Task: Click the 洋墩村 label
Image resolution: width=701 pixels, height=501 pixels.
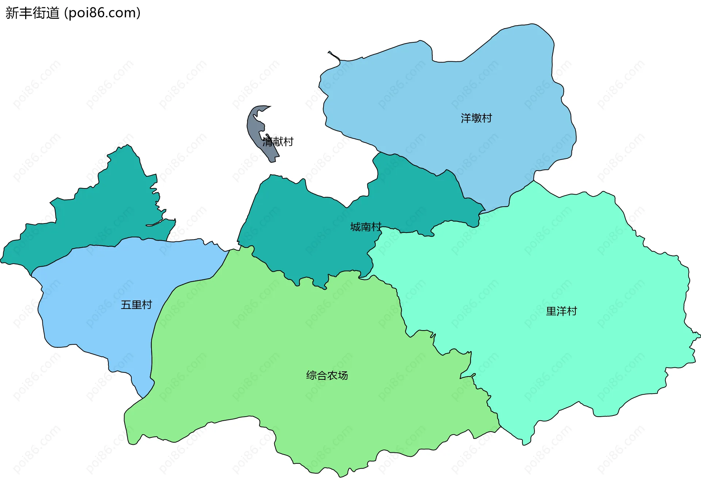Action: tap(476, 118)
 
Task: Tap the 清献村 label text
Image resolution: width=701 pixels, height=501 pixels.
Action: tap(278, 142)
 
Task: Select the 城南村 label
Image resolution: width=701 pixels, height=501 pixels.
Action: tap(365, 227)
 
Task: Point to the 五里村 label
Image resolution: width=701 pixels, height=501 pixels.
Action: tap(136, 305)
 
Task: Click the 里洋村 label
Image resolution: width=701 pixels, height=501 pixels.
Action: tap(561, 311)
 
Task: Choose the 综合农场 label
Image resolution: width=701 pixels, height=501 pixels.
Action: tap(327, 375)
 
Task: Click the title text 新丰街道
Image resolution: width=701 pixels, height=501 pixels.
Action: tap(32, 13)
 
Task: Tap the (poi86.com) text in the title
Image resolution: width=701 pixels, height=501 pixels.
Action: tap(102, 13)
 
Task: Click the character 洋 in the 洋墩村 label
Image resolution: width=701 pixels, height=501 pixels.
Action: tap(466, 118)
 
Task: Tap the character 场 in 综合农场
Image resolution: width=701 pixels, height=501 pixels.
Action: tap(343, 375)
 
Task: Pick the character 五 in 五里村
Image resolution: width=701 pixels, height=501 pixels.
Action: tap(126, 305)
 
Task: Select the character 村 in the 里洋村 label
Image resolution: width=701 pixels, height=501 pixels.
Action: tap(572, 311)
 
